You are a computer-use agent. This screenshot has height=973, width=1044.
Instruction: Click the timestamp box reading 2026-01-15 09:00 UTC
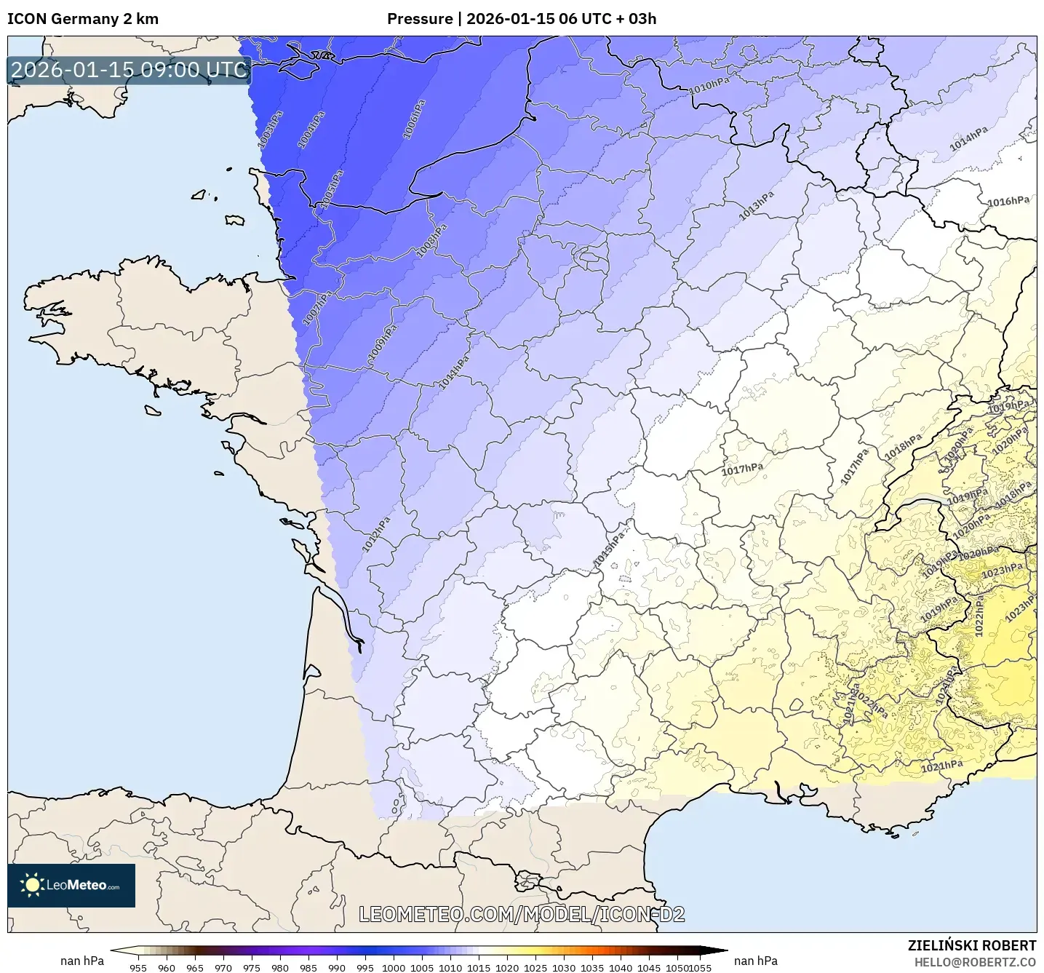pyautogui.click(x=129, y=70)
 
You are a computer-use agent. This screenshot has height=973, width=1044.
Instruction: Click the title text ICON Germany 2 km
pyautogui.click(x=83, y=19)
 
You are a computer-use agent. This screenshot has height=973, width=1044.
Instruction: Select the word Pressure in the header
pyautogui.click(x=419, y=19)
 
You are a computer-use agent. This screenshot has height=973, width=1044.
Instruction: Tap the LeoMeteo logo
pyautogui.click(x=71, y=885)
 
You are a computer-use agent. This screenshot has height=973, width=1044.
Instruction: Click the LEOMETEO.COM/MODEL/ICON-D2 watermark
pyautogui.click(x=522, y=914)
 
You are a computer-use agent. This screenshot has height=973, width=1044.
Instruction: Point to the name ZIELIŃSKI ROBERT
pyautogui.click(x=971, y=945)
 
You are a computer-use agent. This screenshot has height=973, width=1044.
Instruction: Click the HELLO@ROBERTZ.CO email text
pyautogui.click(x=975, y=961)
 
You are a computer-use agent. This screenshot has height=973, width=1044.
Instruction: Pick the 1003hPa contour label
pyautogui.click(x=271, y=130)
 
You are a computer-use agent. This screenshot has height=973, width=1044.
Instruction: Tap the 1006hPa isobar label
pyautogui.click(x=414, y=119)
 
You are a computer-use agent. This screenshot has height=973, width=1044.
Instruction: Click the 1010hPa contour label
pyautogui.click(x=709, y=84)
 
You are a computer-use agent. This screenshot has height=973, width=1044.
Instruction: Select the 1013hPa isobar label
pyautogui.click(x=757, y=206)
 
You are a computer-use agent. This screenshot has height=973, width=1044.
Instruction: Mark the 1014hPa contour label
pyautogui.click(x=968, y=138)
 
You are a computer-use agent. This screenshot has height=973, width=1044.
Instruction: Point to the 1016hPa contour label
pyautogui.click(x=1008, y=202)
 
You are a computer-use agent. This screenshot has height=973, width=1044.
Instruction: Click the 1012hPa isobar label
pyautogui.click(x=376, y=534)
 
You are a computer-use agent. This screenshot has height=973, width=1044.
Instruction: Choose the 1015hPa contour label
pyautogui.click(x=610, y=549)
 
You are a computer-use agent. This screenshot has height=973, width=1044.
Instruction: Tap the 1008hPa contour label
pyautogui.click(x=431, y=240)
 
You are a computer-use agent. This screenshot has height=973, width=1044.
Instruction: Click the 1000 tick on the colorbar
pyautogui.click(x=394, y=967)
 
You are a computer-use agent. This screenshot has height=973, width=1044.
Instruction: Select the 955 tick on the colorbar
pyautogui.click(x=138, y=967)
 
